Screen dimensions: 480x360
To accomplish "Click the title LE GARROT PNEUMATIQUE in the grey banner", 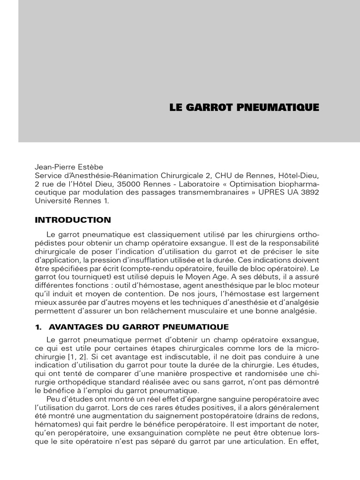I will pos(244,107).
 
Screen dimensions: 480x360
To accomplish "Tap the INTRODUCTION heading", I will pos(73,220).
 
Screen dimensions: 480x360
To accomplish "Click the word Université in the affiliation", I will pos(53,201).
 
